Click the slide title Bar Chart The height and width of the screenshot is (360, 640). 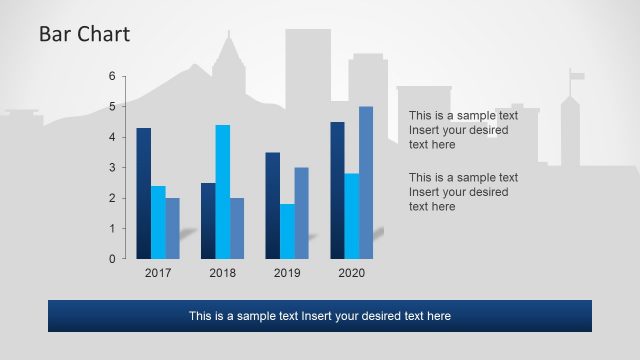[84, 35]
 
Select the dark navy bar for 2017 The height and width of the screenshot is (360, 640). [144, 193]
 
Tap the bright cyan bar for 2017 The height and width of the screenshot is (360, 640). [158, 222]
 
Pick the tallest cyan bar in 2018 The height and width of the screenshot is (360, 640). [222, 191]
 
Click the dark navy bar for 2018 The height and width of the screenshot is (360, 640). [208, 220]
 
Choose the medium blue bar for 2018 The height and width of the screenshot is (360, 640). [237, 228]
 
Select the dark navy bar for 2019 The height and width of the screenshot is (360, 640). [272, 205]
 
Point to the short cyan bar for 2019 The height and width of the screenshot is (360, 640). [287, 231]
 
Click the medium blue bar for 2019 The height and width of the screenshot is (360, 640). [301, 213]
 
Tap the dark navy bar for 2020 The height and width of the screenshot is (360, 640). [337, 190]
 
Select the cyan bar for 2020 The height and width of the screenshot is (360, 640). [351, 216]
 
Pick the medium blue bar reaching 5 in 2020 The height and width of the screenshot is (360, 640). [366, 182]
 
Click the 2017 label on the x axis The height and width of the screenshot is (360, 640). [158, 273]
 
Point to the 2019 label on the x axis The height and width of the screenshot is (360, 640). [287, 273]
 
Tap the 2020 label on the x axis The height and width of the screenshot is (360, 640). [352, 273]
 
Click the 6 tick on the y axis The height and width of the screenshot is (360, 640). [112, 76]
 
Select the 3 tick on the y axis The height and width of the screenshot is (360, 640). [112, 167]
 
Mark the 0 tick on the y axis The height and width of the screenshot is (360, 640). [112, 259]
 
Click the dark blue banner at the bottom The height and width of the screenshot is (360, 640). [320, 316]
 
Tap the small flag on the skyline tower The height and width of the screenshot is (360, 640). [577, 76]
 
